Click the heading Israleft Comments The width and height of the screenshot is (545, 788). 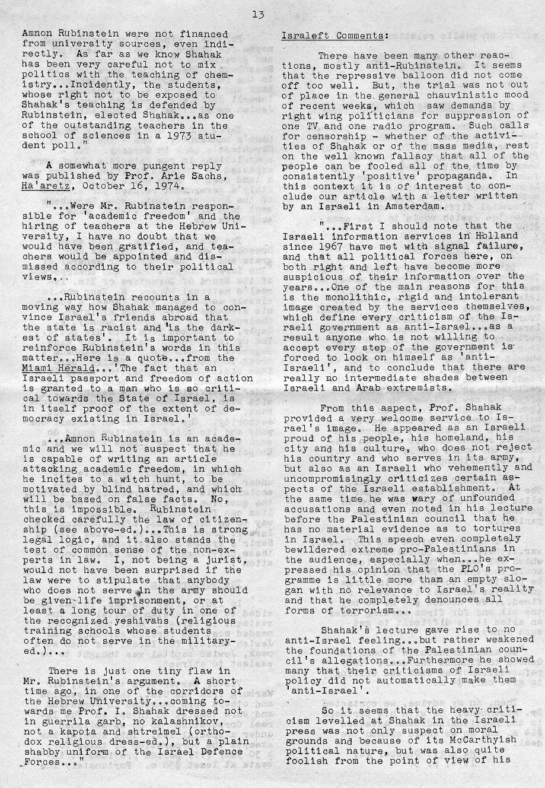pos(334,35)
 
